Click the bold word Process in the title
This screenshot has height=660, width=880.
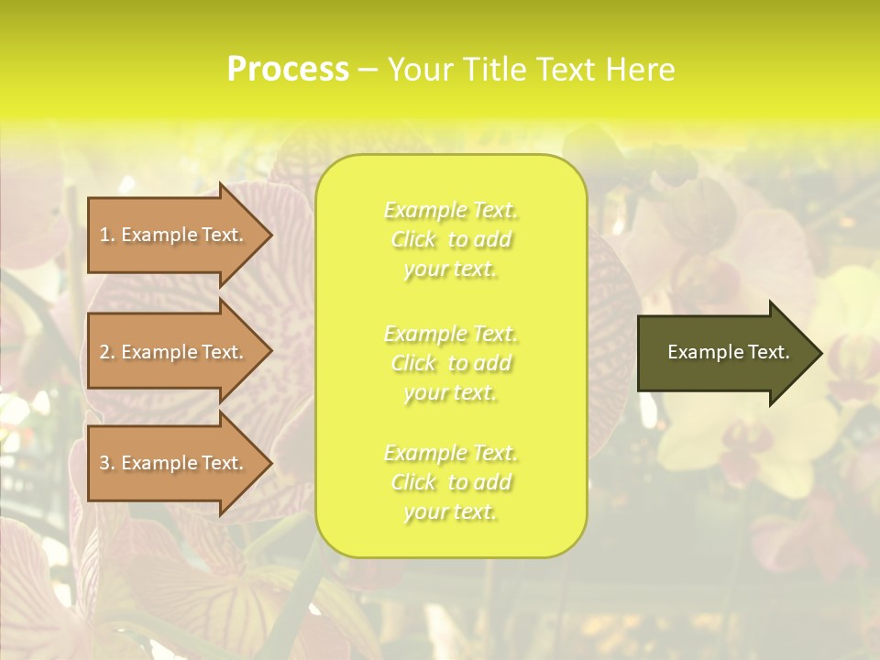(288, 70)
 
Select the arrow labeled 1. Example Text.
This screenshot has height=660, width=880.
(174, 235)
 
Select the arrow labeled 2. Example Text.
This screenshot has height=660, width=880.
(174, 352)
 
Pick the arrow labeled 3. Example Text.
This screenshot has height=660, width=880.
(174, 463)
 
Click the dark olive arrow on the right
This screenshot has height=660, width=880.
(724, 353)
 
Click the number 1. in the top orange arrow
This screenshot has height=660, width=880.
(107, 235)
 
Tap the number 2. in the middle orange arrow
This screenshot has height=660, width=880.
(107, 352)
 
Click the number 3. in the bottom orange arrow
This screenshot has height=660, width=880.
(107, 463)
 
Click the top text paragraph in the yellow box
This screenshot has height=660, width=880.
(451, 240)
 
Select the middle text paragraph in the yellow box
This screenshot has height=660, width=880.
(451, 363)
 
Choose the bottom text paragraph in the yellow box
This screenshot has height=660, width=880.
(451, 482)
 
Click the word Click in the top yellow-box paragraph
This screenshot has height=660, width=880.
(413, 240)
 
